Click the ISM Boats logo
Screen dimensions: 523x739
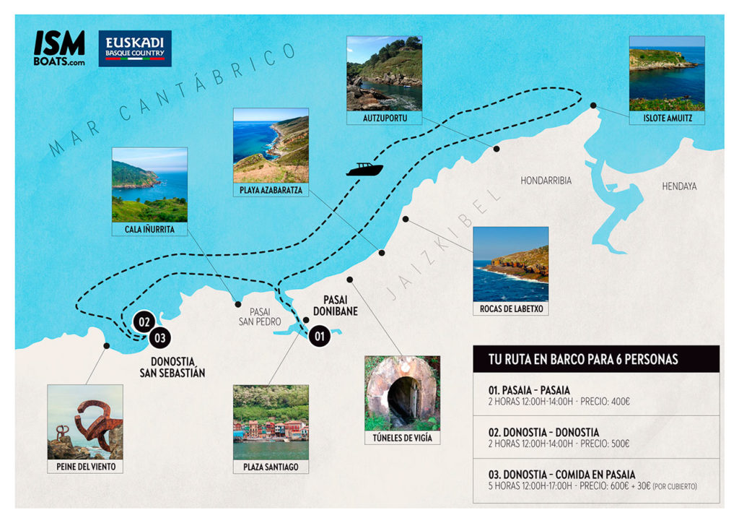(59, 48)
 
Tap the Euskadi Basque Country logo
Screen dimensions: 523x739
(135, 48)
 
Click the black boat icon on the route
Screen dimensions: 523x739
(364, 170)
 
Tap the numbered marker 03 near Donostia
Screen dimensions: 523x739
(159, 336)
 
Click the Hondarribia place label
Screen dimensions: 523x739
(546, 181)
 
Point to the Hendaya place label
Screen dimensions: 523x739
(679, 186)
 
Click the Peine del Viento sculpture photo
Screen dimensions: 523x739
(85, 422)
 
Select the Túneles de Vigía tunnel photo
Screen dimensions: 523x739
(402, 394)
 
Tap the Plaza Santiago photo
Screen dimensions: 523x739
(271, 422)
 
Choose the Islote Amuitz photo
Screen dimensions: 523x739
(666, 73)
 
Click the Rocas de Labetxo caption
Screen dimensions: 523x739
(510, 309)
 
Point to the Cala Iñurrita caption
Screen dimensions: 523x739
(149, 230)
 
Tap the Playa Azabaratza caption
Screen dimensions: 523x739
(271, 191)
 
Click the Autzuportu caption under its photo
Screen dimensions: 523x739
(384, 118)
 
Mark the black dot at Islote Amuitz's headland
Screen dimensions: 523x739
(593, 106)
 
